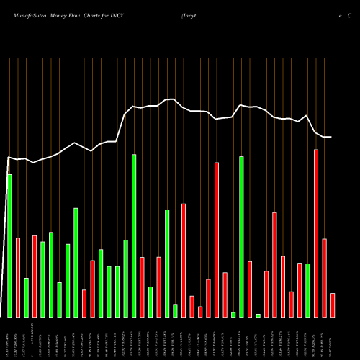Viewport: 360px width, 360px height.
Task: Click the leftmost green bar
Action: click(x=9, y=246)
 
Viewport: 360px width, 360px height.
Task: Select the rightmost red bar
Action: click(x=333, y=305)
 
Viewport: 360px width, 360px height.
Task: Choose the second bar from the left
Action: click(x=18, y=277)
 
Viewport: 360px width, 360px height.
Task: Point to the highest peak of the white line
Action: click(x=171, y=99)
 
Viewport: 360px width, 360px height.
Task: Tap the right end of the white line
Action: click(x=332, y=137)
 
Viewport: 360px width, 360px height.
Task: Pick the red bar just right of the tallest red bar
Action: click(x=325, y=278)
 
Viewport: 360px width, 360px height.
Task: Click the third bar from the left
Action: click(x=26, y=297)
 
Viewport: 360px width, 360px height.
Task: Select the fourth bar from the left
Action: click(x=35, y=276)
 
